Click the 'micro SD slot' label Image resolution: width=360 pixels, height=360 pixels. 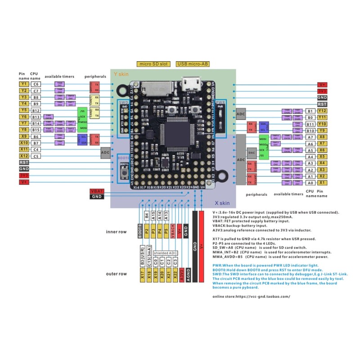pyautogui.click(x=153, y=64)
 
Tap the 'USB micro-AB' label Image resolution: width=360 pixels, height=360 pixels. pyautogui.click(x=194, y=64)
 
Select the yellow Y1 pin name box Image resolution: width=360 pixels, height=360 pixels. pyautogui.click(x=24, y=84)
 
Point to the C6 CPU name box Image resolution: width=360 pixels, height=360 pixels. pyautogui.click(x=36, y=84)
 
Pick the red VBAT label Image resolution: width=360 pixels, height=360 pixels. pyautogui.click(x=97, y=191)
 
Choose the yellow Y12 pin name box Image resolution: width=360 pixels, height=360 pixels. pyautogui.click(x=322, y=111)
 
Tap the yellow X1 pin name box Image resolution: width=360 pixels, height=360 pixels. pyautogui.click(x=322, y=183)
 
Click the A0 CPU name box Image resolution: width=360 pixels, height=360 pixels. pyautogui.click(x=310, y=183)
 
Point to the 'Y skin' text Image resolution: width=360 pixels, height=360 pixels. pyautogui.click(x=121, y=73)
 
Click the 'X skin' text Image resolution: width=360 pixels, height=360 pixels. pyautogui.click(x=222, y=203)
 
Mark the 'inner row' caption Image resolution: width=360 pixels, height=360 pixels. pyautogui.click(x=117, y=232)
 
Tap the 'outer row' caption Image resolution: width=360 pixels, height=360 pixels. pyautogui.click(x=117, y=274)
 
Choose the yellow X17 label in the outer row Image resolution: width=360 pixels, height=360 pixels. pyautogui.click(x=143, y=275)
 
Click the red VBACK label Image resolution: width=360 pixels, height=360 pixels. pyautogui.click(x=173, y=231)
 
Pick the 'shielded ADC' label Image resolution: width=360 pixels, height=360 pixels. pyautogui.click(x=166, y=253)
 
